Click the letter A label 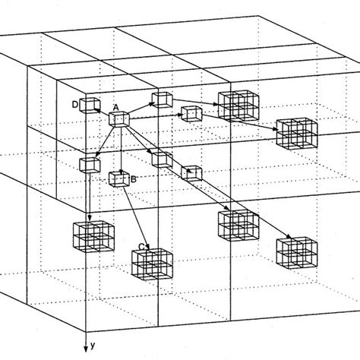(x=115, y=108)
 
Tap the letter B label (x=134, y=180)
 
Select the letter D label (x=74, y=104)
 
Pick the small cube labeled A (x=119, y=120)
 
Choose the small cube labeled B (x=118, y=178)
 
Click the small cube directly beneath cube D (x=90, y=164)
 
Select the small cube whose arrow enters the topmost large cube (x=162, y=99)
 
